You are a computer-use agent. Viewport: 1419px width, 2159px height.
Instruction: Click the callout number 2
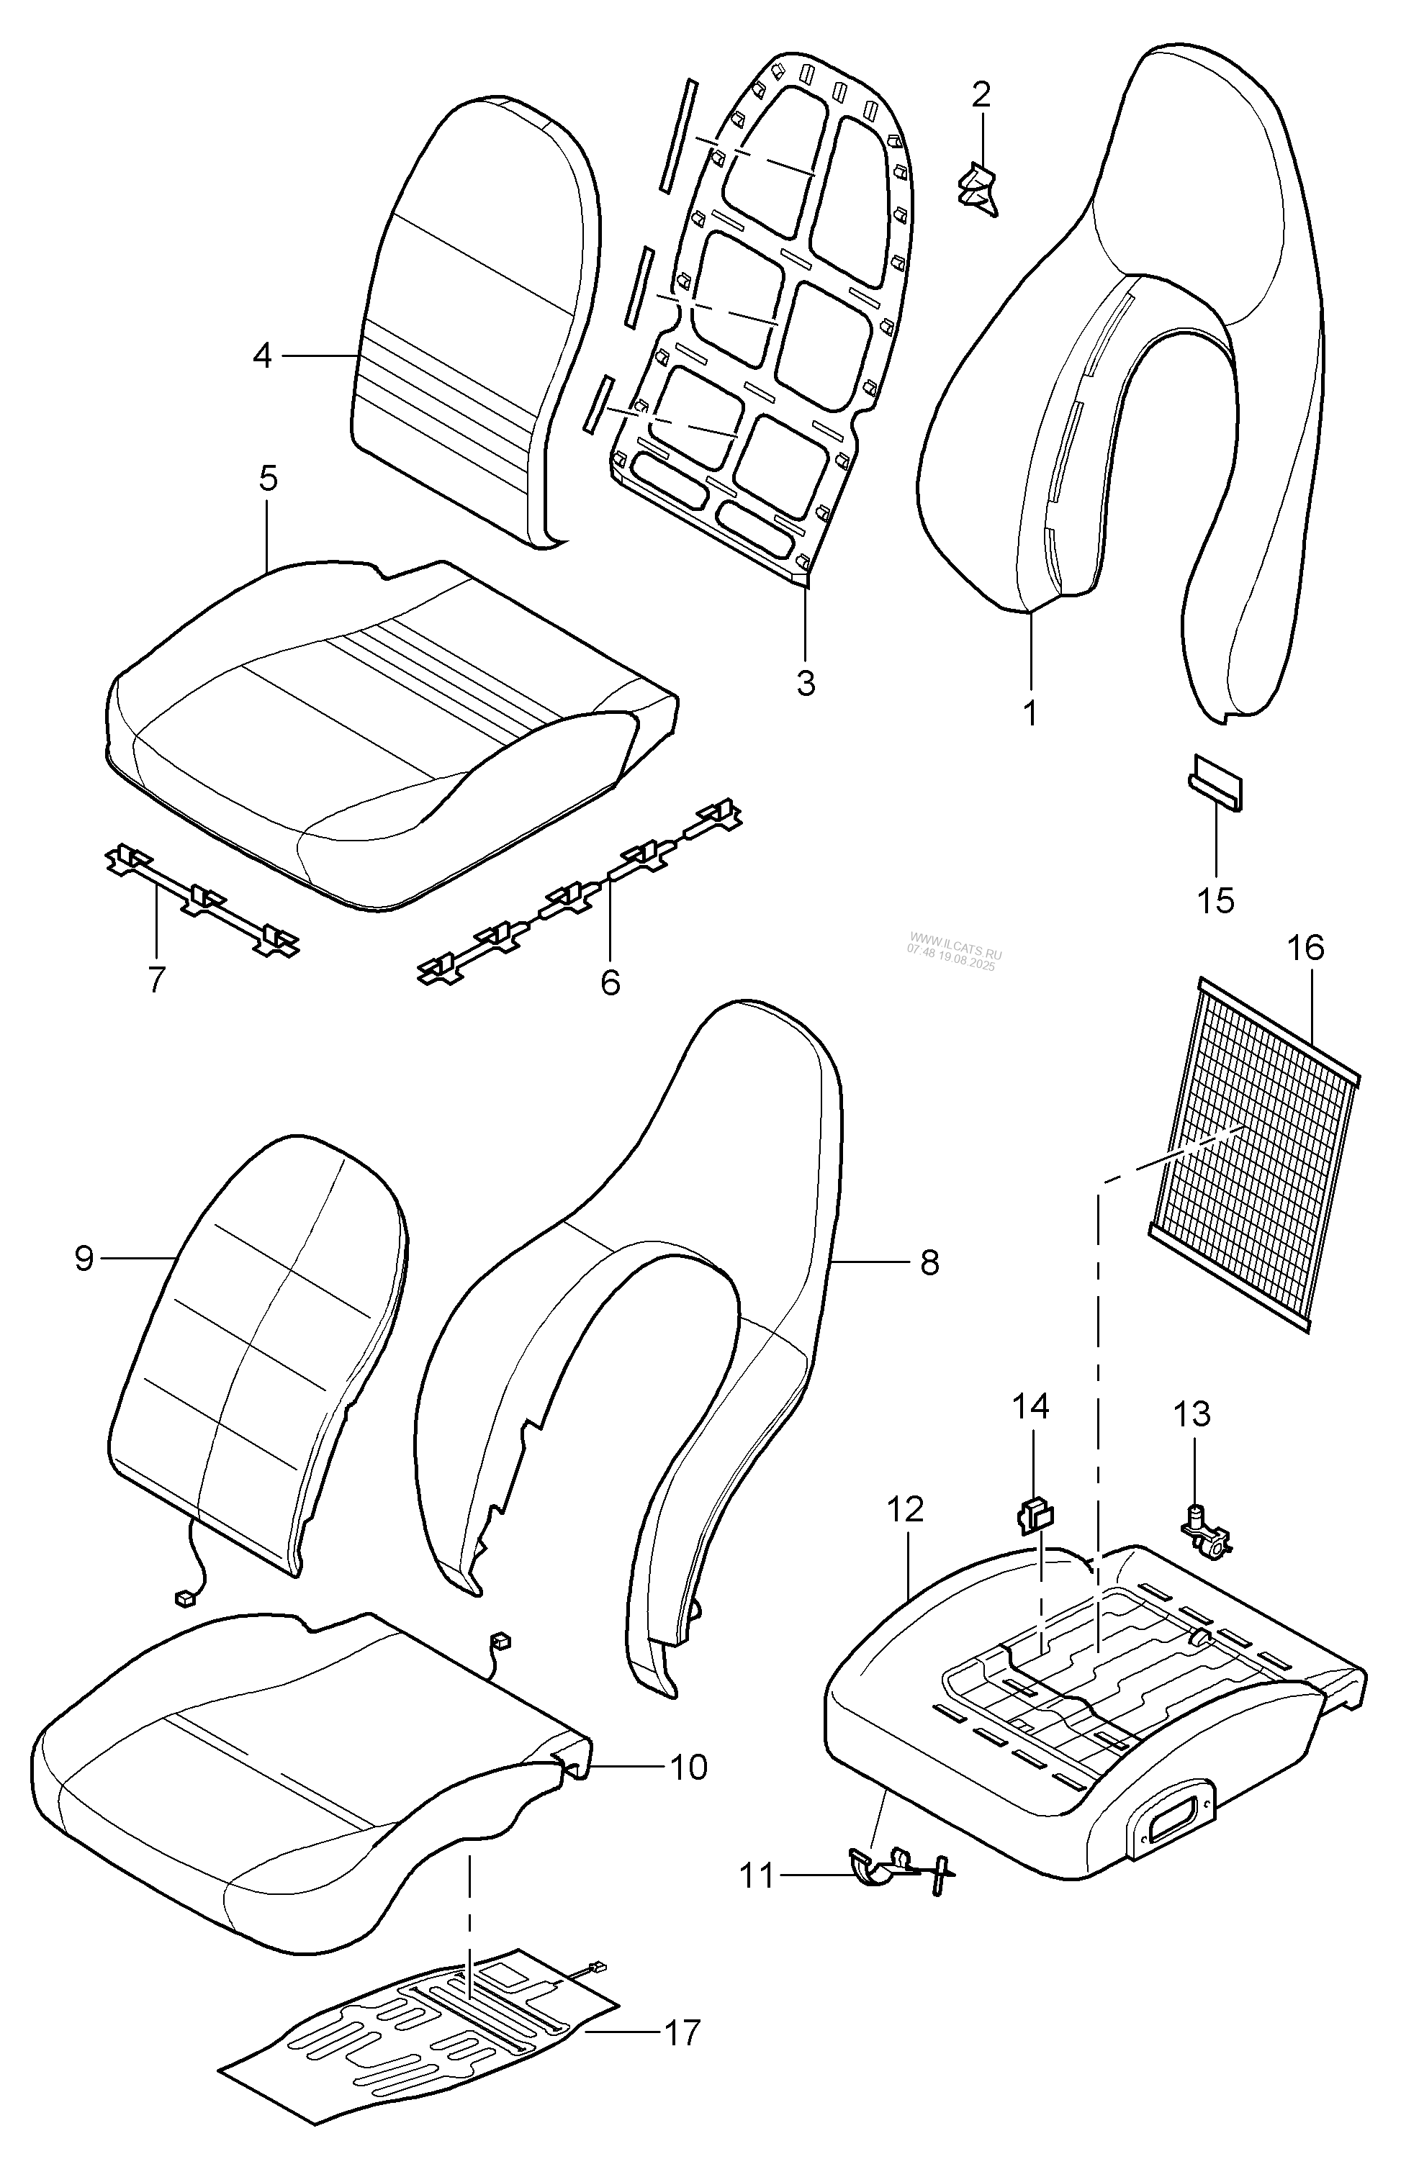[x=982, y=94]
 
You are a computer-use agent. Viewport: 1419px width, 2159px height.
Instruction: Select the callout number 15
[x=1216, y=901]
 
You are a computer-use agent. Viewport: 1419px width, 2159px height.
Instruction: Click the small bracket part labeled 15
[x=1217, y=782]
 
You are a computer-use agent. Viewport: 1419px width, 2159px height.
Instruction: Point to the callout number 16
[x=1305, y=948]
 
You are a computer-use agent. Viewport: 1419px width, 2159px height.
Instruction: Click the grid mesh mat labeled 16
[x=1254, y=1154]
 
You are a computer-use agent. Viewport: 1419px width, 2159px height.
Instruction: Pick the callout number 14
[x=1031, y=1406]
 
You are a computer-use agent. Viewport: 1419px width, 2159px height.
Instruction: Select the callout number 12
[x=906, y=1508]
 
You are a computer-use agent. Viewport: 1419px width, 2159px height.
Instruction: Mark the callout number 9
[x=84, y=1258]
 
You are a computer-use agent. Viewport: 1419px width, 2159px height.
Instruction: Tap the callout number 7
[x=156, y=979]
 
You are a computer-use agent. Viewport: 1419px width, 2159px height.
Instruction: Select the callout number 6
[x=611, y=982]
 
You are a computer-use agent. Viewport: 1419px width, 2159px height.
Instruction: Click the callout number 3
[x=806, y=682]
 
